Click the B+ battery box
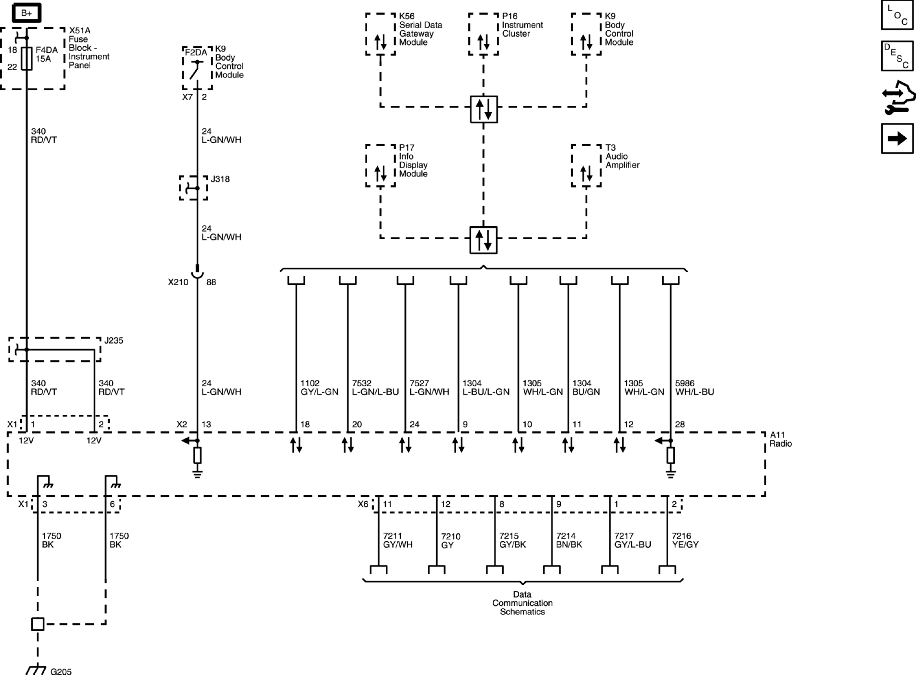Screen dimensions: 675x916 [x=26, y=13]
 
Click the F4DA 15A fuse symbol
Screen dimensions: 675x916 [x=27, y=59]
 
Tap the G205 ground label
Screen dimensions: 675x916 [x=61, y=671]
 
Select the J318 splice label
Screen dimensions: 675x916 [x=220, y=179]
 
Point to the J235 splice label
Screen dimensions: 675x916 [x=114, y=340]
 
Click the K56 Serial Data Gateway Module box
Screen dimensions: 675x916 [x=380, y=34]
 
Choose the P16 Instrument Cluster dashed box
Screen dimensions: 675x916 [x=483, y=34]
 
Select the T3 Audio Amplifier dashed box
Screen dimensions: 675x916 [x=586, y=166]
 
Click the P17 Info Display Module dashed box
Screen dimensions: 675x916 [x=380, y=166]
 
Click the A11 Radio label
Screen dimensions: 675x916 [x=780, y=439]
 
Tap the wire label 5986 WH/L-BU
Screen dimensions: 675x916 [x=694, y=388]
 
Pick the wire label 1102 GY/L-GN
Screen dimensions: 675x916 [x=319, y=388]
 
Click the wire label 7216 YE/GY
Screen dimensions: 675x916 [x=685, y=540]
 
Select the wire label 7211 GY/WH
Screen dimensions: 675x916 [x=397, y=540]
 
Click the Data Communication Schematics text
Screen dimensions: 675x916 [x=522, y=603]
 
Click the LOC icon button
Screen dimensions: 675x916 [x=897, y=15]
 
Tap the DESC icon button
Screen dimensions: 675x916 [x=897, y=56]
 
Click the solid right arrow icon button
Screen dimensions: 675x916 [x=897, y=139]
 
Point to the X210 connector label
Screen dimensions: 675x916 [x=178, y=282]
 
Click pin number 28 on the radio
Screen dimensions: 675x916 [x=679, y=424]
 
